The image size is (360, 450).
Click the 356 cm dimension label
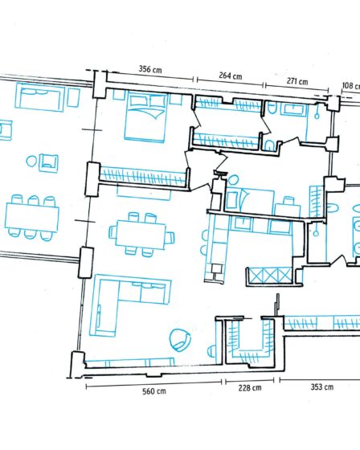click(x=150, y=69)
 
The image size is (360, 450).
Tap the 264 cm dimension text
click(x=231, y=76)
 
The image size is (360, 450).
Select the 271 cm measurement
click(x=297, y=81)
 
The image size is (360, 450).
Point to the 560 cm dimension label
click(x=154, y=391)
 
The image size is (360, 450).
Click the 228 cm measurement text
click(x=250, y=388)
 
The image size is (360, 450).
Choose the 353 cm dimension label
click(x=322, y=387)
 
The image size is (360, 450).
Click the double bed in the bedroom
click(x=145, y=117)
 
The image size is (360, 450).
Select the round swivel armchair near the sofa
click(x=180, y=340)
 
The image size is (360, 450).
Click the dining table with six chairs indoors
click(x=141, y=235)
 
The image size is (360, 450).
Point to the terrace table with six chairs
click(x=32, y=218)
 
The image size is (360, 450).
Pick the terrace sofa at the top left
click(x=40, y=96)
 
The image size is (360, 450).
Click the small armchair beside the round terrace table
click(x=48, y=163)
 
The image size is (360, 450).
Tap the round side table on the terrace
click(x=31, y=162)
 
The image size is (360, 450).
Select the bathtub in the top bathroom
click(x=296, y=109)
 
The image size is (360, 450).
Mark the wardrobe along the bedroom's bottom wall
click(x=143, y=177)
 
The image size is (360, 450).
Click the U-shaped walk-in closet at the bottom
click(x=249, y=342)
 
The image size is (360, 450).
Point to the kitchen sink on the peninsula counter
click(x=217, y=268)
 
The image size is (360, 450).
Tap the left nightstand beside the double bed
click(x=119, y=95)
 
